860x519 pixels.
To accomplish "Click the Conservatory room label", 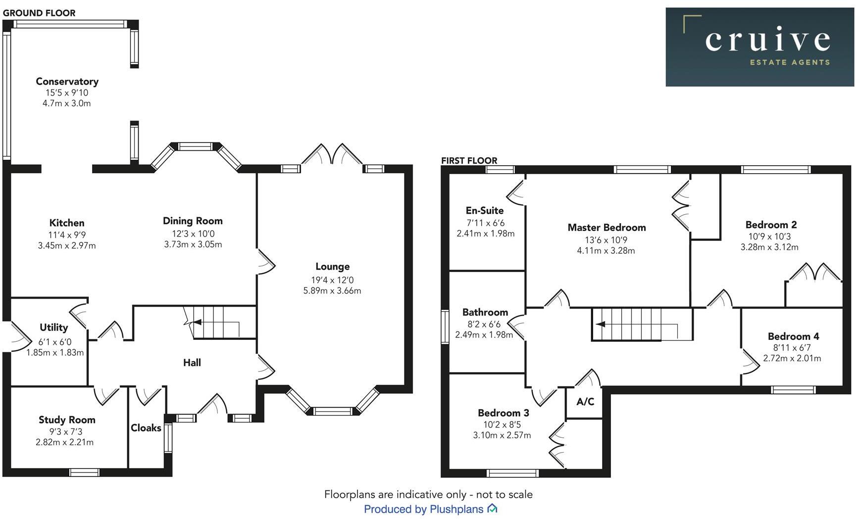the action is [x=67, y=82].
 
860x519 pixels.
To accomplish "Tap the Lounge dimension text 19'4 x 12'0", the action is [x=332, y=280].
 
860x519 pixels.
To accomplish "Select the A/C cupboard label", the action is [x=585, y=401].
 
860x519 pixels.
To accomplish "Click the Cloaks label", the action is [x=146, y=428].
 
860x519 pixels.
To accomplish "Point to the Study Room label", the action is [x=67, y=420].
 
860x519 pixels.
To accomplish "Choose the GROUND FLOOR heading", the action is [x=39, y=13].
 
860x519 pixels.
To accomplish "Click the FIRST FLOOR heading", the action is [x=469, y=161].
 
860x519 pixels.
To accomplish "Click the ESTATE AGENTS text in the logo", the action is [x=790, y=62].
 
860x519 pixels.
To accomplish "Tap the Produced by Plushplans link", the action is [x=430, y=509].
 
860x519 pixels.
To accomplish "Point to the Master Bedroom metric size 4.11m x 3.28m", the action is [x=606, y=250].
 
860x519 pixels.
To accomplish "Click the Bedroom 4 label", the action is [x=793, y=336].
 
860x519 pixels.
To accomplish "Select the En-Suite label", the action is [x=485, y=211].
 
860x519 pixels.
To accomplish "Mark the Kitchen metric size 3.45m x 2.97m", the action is [x=67, y=245].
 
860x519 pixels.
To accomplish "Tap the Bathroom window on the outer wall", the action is [x=445, y=326].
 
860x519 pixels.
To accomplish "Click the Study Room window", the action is [x=85, y=472].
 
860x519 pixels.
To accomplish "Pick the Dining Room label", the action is [x=193, y=221].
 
